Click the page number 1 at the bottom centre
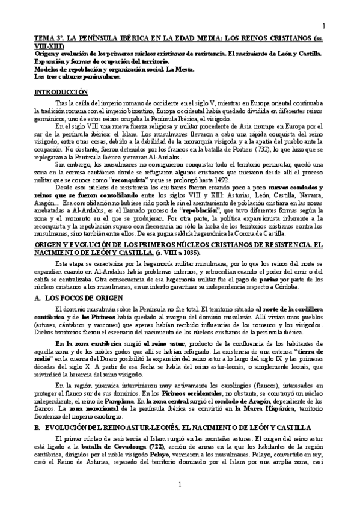pos(179,485)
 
